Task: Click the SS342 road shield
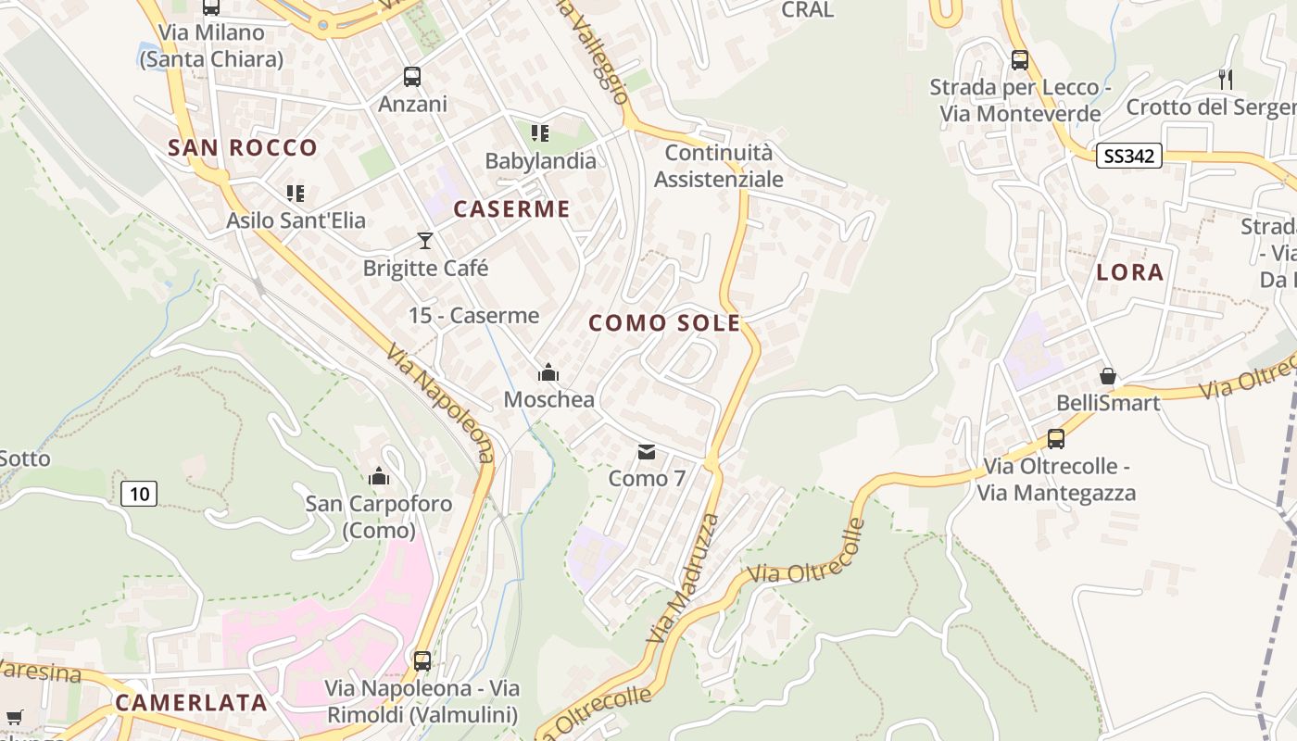coord(1128,157)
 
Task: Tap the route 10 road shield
coord(139,494)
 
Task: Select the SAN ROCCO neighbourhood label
coord(243,147)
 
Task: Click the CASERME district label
coord(511,209)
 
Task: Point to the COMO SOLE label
coord(664,323)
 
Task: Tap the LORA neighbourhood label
coord(1129,272)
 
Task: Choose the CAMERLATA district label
coord(192,703)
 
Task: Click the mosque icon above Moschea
coord(548,372)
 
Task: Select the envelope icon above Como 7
coord(647,452)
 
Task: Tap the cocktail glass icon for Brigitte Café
coord(425,241)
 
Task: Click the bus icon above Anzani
coord(412,77)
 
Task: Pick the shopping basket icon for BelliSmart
coord(1107,376)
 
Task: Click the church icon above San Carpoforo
coord(378,476)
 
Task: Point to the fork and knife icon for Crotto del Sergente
coord(1226,80)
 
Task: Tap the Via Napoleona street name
coord(440,404)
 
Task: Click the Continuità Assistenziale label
coord(719,166)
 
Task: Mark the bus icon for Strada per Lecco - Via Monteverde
coord(1020,60)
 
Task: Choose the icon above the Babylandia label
coord(540,133)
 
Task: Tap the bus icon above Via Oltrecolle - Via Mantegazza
coord(1056,439)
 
